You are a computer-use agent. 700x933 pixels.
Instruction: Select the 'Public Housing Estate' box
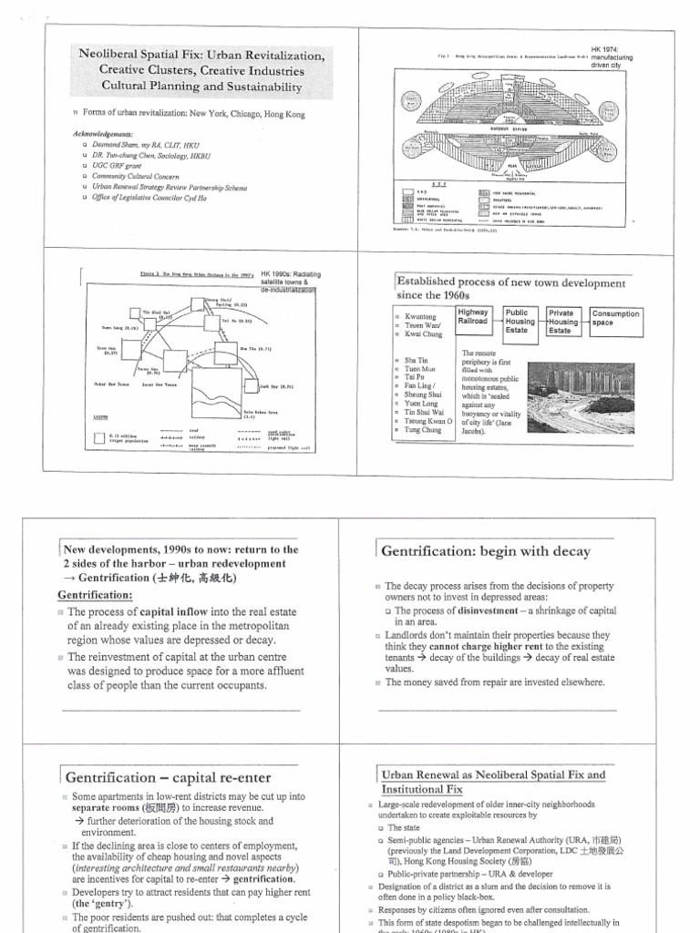[x=521, y=321]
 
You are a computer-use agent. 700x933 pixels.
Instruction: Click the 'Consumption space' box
[x=615, y=318]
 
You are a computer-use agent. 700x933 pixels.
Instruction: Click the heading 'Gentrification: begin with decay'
[x=486, y=551]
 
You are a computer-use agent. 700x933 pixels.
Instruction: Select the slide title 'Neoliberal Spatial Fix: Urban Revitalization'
[x=202, y=56]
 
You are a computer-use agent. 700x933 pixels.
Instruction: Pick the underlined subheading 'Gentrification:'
[x=97, y=594]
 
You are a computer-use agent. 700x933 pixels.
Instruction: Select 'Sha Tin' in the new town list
[x=416, y=361]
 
